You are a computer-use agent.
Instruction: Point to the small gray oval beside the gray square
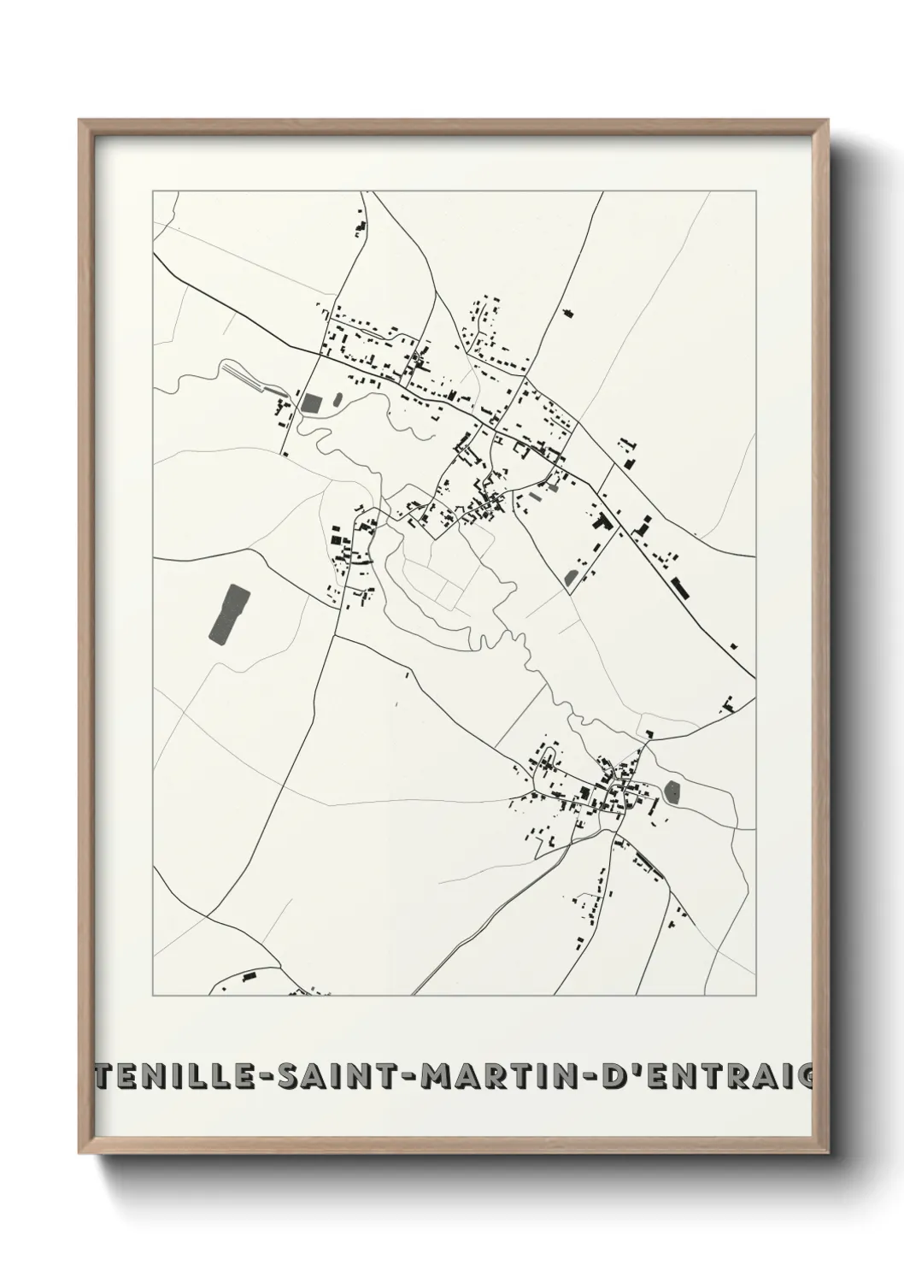pos(337,398)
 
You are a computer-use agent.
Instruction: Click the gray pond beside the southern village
pos(674,793)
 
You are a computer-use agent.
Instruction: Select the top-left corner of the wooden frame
pos(79,121)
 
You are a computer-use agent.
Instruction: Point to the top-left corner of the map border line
pos(153,191)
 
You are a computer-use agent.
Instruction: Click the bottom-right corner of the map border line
pos(755,996)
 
